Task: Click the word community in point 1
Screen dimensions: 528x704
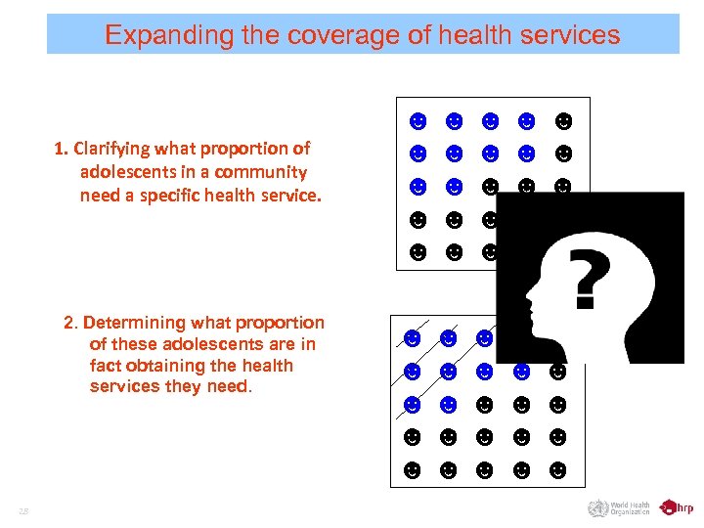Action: pyautogui.click(x=261, y=172)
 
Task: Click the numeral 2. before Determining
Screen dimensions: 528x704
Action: pyautogui.click(x=70, y=323)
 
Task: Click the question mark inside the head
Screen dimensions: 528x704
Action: pyautogui.click(x=584, y=277)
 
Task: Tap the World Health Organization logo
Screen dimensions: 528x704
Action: pyautogui.click(x=619, y=507)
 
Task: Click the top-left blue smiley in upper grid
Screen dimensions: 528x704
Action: pyautogui.click(x=418, y=121)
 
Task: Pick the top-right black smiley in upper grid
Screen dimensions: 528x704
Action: pyautogui.click(x=562, y=121)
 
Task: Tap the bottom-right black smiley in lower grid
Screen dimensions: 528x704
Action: pyautogui.click(x=557, y=470)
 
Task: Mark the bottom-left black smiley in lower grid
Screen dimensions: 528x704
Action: pyautogui.click(x=413, y=470)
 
